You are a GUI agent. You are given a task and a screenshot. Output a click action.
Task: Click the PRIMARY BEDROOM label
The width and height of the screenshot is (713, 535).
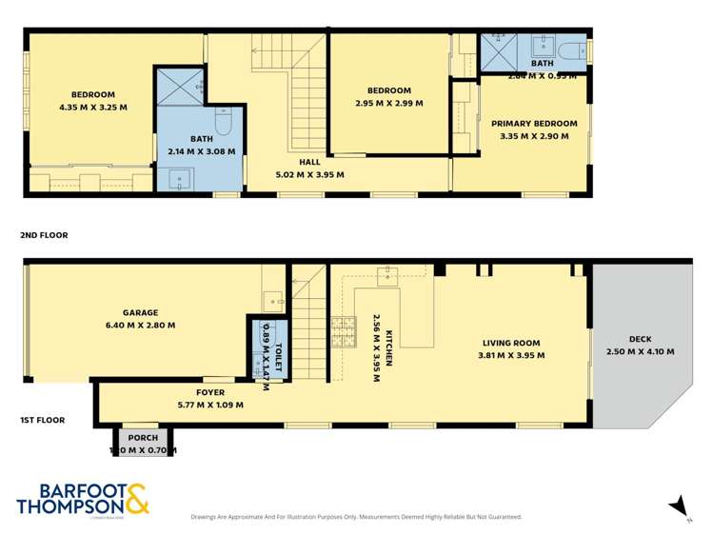click(534, 124)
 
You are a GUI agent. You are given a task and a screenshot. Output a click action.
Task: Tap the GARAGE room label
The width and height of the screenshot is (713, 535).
click(140, 312)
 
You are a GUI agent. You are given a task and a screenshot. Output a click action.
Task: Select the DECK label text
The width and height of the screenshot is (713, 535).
click(640, 339)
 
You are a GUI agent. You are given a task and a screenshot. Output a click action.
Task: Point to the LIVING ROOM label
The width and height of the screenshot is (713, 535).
click(510, 343)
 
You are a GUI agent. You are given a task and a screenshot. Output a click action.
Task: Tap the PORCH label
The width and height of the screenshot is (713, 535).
click(143, 438)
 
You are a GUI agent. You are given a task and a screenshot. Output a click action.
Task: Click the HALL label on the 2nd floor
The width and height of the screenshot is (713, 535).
click(309, 162)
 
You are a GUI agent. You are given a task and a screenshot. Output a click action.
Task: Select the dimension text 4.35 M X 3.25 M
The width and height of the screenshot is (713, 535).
click(92, 108)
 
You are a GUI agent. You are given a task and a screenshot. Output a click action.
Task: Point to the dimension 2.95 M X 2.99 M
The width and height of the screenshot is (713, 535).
click(388, 104)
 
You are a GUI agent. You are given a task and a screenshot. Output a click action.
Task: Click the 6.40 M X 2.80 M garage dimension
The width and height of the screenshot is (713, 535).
click(140, 326)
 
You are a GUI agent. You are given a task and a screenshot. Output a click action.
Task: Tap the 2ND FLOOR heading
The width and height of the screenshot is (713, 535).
click(43, 234)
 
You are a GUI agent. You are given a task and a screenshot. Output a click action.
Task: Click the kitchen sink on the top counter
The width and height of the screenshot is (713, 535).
click(387, 276)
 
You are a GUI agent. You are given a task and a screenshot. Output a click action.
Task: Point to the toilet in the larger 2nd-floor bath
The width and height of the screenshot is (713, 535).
click(224, 122)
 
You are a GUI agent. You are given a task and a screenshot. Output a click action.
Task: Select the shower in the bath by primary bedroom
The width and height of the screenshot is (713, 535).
click(496, 53)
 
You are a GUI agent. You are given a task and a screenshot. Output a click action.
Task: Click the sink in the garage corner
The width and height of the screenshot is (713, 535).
click(273, 300)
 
